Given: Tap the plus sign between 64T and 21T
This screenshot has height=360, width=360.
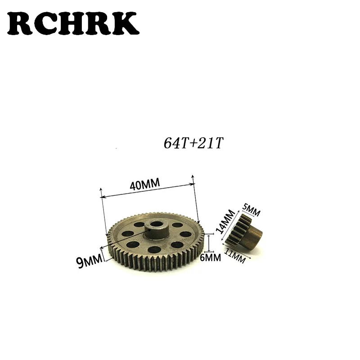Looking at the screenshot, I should point(192,145).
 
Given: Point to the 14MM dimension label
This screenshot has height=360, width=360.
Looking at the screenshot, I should point(225,221).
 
